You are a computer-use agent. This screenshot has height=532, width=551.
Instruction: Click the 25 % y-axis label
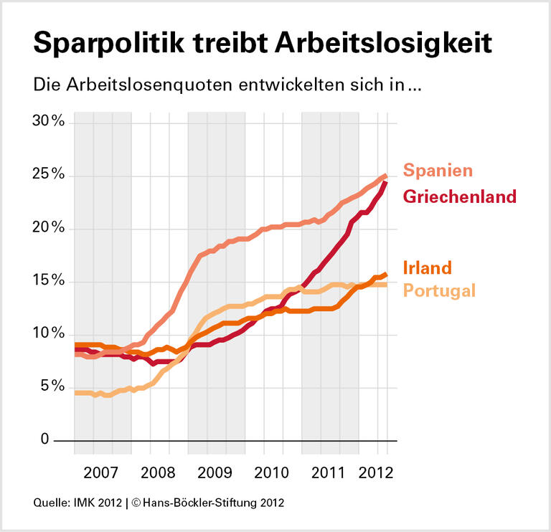pos(49,175)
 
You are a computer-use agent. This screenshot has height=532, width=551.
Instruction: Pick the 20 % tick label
pos(49,228)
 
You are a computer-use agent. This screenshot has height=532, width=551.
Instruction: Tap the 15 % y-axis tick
pos(49,281)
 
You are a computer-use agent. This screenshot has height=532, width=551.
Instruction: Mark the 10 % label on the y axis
pos(49,334)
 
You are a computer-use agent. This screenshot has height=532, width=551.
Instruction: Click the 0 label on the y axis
pos(44,440)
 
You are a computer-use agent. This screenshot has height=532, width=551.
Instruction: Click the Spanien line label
pos(438,171)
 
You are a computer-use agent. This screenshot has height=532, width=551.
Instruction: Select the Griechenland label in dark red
pos(460,196)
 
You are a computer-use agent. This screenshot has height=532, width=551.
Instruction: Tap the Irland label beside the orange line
pos(427,268)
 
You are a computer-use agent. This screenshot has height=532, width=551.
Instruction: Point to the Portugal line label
pos(439,290)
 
